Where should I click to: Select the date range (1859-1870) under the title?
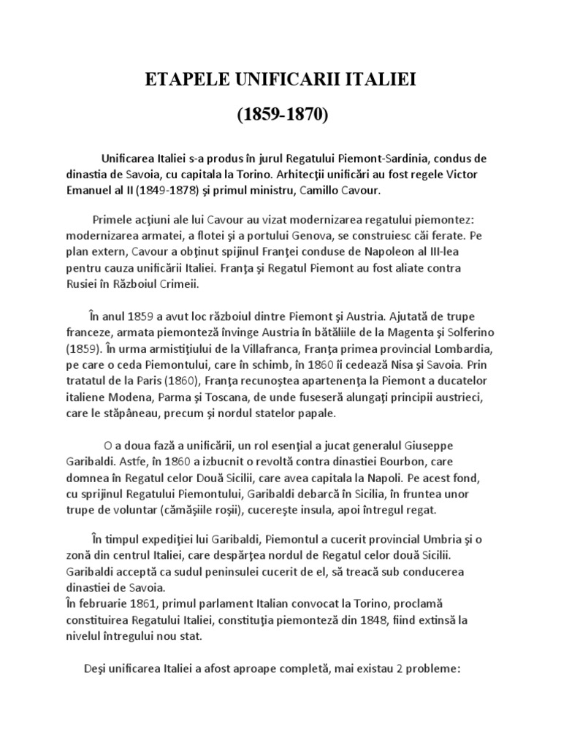280,115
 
